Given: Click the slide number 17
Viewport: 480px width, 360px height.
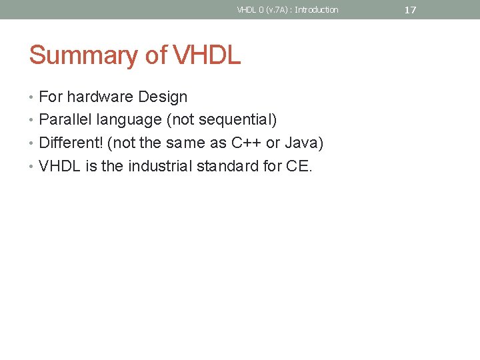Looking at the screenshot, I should click(x=410, y=10).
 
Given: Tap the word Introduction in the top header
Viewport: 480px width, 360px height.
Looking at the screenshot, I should click(x=317, y=9).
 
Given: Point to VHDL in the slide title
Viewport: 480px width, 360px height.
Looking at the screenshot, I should click(x=207, y=55).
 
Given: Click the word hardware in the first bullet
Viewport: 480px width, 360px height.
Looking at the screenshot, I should click(x=101, y=97).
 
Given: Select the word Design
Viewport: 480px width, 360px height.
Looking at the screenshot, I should click(x=163, y=97).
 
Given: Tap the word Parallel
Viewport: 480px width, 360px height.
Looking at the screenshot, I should click(x=65, y=120).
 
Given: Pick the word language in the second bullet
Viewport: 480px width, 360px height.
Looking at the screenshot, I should click(x=129, y=121).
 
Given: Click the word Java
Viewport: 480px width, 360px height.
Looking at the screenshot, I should click(x=303, y=143).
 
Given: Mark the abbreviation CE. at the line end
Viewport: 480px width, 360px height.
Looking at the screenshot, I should click(x=298, y=165).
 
